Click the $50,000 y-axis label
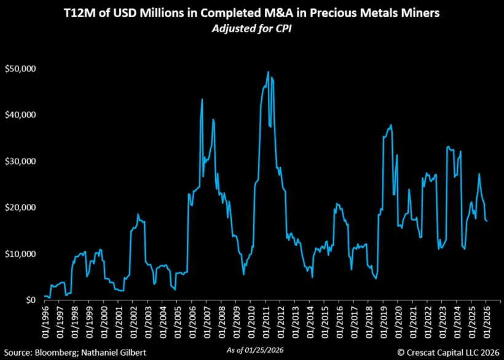pos(20,69)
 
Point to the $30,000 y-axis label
pos(20,161)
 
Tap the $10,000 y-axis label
pos(20,254)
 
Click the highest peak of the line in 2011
pos(268,72)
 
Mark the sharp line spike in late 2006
pos(202,99)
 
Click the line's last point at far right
pos(487,221)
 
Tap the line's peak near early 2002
pos(138,214)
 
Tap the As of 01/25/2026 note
pos(252,350)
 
